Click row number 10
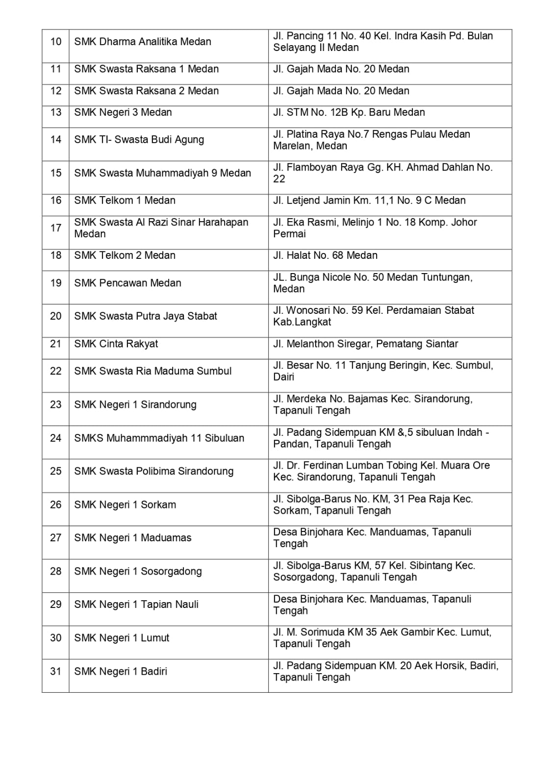pos(56,42)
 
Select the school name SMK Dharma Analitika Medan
pos(143,42)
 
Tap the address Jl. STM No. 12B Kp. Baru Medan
pos(349,112)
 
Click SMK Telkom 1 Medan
pos(125,201)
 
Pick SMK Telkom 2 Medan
pos(125,255)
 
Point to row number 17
pos(56,228)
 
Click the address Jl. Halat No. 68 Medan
pos(325,255)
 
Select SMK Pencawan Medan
pos(127,283)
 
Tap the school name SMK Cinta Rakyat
pos(116,344)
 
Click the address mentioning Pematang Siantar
pos(365,344)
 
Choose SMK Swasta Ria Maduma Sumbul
pos(152,371)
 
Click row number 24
pos(56,438)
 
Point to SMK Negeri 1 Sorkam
pos(125,505)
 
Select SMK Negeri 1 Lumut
pos(122,638)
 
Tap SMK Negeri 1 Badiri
pos(121,671)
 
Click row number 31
pos(56,671)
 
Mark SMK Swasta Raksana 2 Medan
pos(146,91)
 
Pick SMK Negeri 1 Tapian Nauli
pos(136,605)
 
